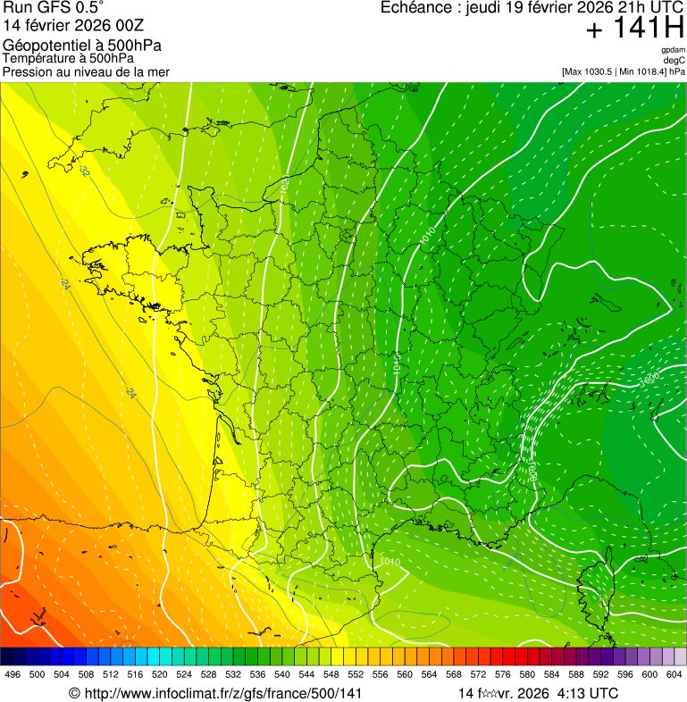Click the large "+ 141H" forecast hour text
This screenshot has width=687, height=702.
tap(635, 29)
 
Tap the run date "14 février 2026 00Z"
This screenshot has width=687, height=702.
tap(73, 25)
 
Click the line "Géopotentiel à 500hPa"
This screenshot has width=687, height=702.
tap(82, 46)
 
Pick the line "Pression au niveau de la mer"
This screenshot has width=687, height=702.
tap(86, 71)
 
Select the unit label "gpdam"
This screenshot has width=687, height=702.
tap(674, 50)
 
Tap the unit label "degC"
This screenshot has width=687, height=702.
tap(674, 60)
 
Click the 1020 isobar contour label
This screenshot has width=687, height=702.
tap(285, 185)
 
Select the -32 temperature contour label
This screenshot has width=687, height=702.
tap(84, 170)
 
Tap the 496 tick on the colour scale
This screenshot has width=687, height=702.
tap(13, 674)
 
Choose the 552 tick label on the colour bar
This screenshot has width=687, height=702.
tap(356, 674)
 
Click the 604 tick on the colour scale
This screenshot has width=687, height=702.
tap(674, 674)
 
